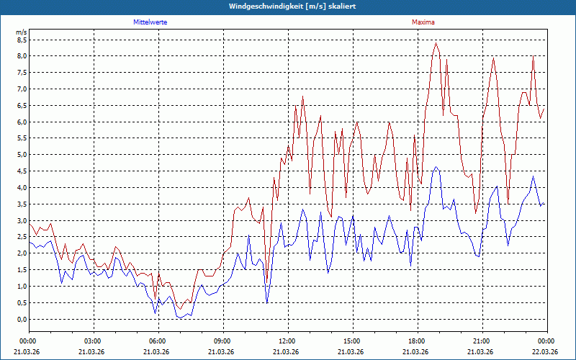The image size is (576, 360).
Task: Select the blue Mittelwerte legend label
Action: pyautogui.click(x=150, y=23)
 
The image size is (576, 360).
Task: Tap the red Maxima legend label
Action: pyautogui.click(x=423, y=23)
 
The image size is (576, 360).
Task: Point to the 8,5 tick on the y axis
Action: pyautogui.click(x=21, y=40)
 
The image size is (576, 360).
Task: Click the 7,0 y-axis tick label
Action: pyautogui.click(x=21, y=89)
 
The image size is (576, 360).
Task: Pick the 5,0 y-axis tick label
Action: pyautogui.click(x=21, y=155)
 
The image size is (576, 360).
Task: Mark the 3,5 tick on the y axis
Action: pyautogui.click(x=21, y=204)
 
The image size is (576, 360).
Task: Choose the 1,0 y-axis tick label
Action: pyautogui.click(x=21, y=287)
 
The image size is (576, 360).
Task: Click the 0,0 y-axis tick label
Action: pyautogui.click(x=21, y=320)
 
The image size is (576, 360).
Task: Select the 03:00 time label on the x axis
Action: pyautogui.click(x=92, y=341)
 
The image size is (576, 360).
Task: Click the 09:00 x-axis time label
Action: pyautogui.click(x=222, y=341)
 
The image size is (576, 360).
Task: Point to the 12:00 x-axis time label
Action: pyautogui.click(x=287, y=341)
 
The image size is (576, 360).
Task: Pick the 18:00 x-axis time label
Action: pyautogui.click(x=416, y=341)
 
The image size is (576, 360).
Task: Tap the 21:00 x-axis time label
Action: pyautogui.click(x=481, y=341)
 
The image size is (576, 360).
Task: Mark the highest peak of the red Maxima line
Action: pyautogui.click(x=436, y=43)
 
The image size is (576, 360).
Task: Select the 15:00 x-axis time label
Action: pyautogui.click(x=351, y=341)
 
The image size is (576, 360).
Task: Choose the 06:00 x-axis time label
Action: pyautogui.click(x=157, y=341)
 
